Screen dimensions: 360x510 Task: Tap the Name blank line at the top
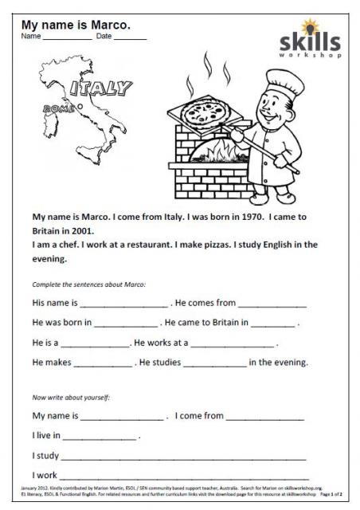click(67, 38)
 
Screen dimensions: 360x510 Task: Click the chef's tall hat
click(281, 82)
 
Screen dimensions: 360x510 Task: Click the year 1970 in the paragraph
click(239, 216)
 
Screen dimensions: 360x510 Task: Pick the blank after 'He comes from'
click(272, 305)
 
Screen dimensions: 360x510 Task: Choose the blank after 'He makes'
click(103, 364)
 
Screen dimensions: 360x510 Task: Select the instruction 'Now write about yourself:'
click(71, 396)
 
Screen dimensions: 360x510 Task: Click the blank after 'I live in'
click(99, 437)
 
